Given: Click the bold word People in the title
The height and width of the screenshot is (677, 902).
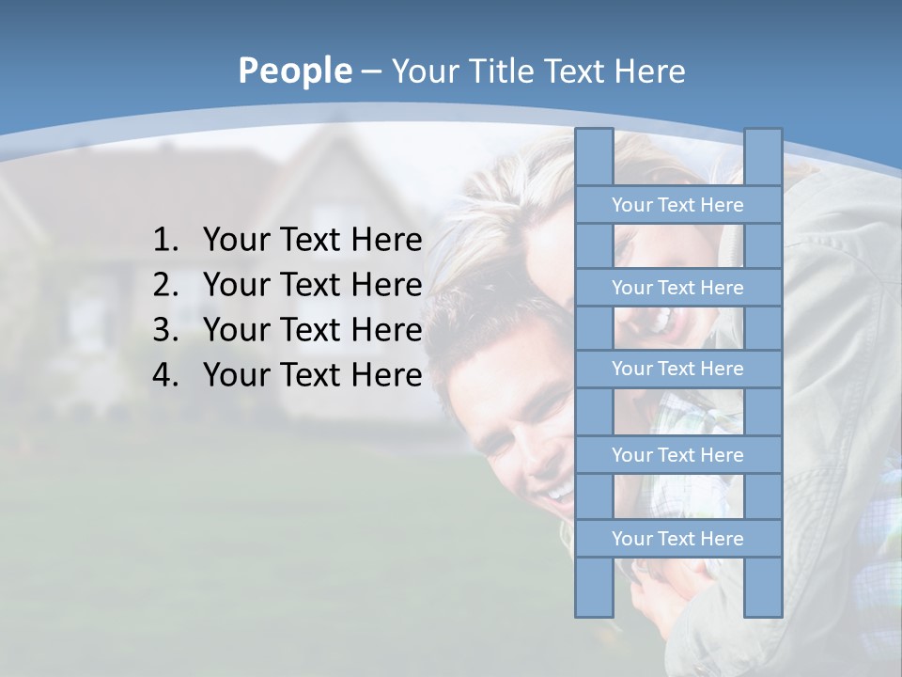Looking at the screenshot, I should point(294,71).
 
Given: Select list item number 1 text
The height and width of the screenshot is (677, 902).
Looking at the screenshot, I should point(312,241).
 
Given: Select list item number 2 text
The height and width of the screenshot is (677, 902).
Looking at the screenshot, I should point(312,285).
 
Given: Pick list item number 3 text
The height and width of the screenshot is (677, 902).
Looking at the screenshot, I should point(312,330).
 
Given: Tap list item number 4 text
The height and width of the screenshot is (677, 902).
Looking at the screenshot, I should point(312,375).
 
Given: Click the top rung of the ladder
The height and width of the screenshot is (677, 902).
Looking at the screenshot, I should point(677,205).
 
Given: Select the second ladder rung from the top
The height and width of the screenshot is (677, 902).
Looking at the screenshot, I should point(677,288).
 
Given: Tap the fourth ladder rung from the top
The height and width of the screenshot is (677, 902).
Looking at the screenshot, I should point(677,455).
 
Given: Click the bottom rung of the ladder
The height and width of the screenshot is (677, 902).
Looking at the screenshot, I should point(677,539).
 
